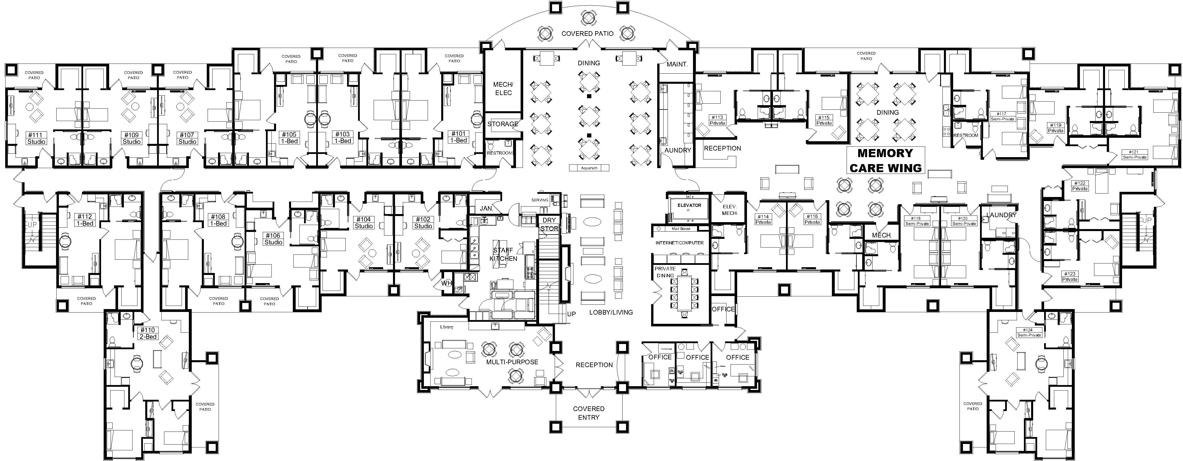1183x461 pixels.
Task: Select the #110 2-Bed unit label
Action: (x=148, y=333)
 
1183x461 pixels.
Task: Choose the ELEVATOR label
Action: (x=689, y=205)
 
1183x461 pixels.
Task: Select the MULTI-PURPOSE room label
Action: (x=512, y=362)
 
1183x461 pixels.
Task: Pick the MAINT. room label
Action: (x=677, y=64)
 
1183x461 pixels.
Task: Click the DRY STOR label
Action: (x=549, y=224)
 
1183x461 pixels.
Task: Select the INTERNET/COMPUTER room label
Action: (x=679, y=243)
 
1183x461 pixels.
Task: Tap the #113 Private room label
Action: (x=717, y=120)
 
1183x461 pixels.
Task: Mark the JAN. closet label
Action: (x=486, y=208)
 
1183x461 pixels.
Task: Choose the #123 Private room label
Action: (x=1070, y=276)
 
